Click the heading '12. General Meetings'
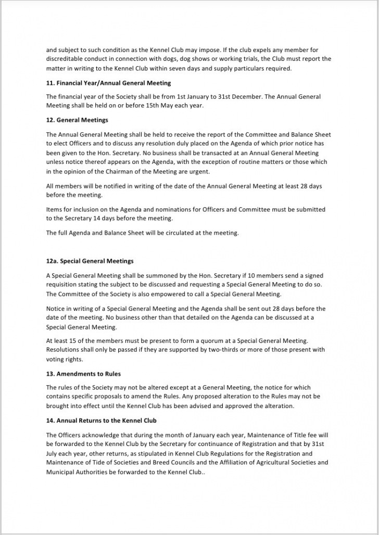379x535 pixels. [x=77, y=120]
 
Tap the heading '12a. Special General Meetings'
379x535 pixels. [x=90, y=261]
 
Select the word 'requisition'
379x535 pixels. [x=62, y=285]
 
